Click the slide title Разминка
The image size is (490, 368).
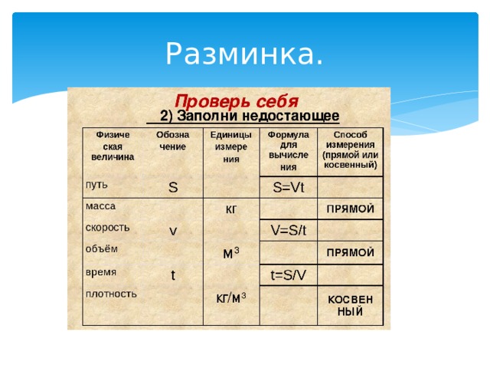pos(244,54)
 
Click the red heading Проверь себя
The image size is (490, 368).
pos(237,101)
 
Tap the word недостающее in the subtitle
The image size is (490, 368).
pos(291,116)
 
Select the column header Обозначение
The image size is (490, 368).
pos(172,140)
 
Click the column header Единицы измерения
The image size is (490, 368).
pos(231,146)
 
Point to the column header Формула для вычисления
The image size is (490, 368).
pos(288,151)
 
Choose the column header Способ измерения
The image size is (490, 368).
pos(351,149)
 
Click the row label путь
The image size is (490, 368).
pos(96,185)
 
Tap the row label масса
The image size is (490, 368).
pos(100,206)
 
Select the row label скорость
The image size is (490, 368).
pos(107,228)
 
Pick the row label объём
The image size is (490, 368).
pos(102,248)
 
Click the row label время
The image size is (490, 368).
pos(101,272)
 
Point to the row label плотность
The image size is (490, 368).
pos(111,294)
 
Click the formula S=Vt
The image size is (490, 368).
pos(289,187)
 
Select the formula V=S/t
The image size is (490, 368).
pos(289,230)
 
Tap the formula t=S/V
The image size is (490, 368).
pos(288,275)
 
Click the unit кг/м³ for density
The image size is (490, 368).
pos(231,298)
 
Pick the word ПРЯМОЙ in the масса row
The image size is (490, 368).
pos(351,209)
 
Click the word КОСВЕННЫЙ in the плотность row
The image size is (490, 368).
pos(351,305)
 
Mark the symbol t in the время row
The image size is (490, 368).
pos(173,275)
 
